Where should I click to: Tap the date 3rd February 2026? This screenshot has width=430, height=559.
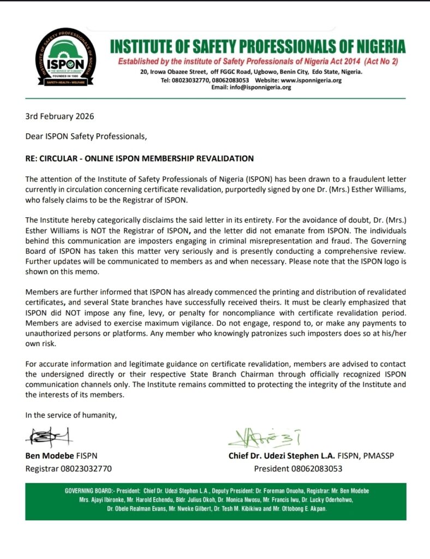pos(59,116)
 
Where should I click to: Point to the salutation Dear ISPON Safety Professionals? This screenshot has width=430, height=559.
pos(86,136)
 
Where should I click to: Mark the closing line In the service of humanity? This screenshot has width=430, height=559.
pos(71,415)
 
